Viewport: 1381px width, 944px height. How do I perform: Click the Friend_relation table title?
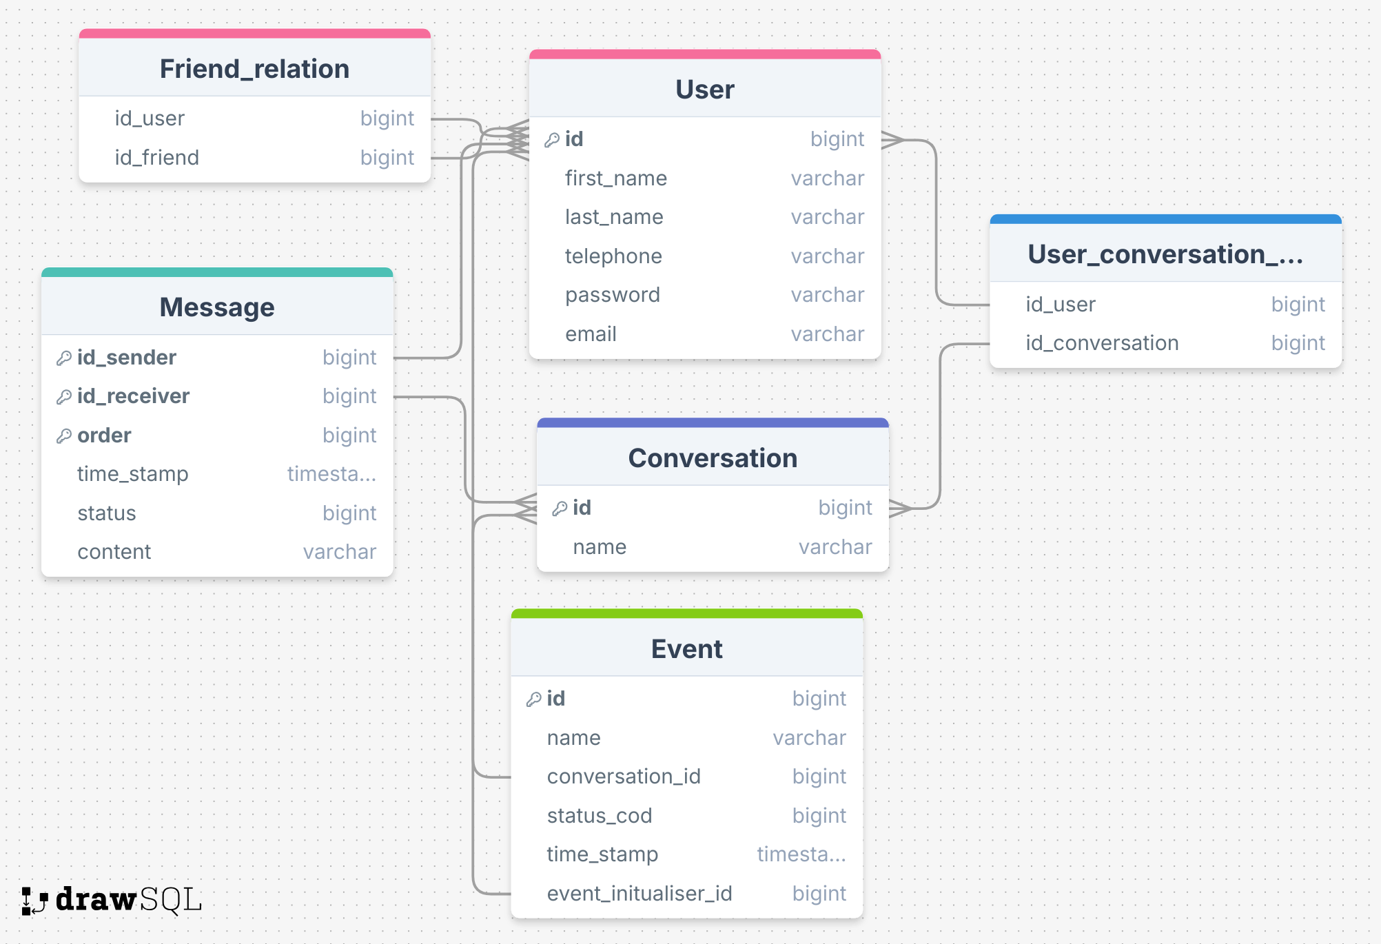pos(254,69)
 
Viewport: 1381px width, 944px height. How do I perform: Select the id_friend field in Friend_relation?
pos(156,158)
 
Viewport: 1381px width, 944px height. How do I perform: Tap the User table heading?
pos(704,90)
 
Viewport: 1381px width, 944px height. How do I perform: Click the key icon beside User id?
pos(552,140)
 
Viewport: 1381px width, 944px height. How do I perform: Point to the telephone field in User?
pos(613,256)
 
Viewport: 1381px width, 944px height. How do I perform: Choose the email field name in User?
pos(591,334)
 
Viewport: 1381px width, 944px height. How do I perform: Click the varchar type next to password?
pos(827,295)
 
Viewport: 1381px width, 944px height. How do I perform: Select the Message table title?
pos(216,307)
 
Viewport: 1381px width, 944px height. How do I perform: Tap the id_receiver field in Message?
pos(133,396)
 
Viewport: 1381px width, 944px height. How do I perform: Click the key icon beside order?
pos(64,436)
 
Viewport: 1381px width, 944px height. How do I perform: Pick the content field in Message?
pos(114,552)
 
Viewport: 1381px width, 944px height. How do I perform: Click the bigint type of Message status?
pos(349,513)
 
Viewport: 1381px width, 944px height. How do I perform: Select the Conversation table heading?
pos(712,458)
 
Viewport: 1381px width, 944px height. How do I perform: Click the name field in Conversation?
pos(600,547)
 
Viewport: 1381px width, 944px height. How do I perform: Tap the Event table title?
pos(686,649)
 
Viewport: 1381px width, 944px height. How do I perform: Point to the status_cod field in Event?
pos(599,816)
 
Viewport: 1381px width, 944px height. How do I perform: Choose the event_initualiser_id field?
pos(639,894)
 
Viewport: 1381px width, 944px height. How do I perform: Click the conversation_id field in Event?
pos(623,777)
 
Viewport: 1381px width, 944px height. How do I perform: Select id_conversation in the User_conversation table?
pos(1101,343)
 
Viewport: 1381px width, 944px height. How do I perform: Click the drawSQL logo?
pos(112,900)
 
